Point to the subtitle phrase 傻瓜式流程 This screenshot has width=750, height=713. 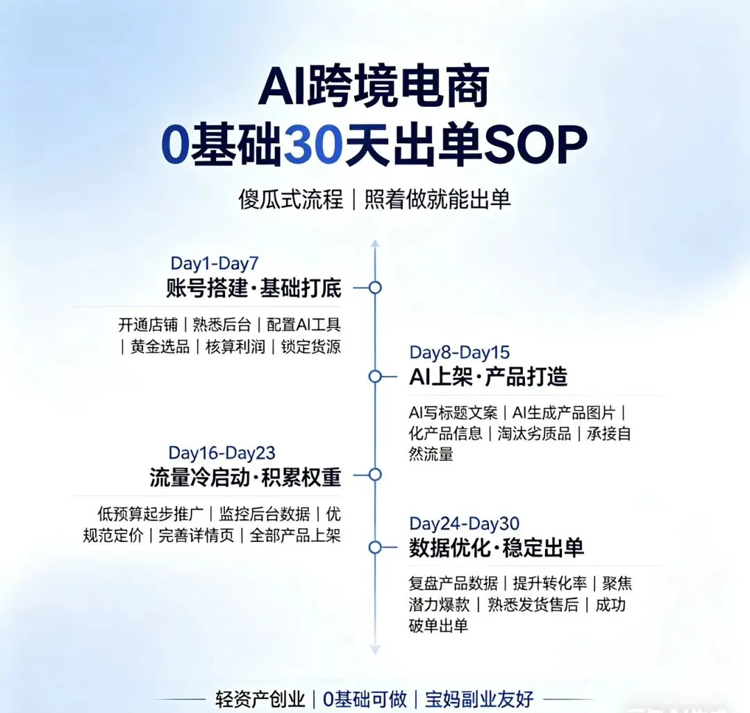(x=290, y=199)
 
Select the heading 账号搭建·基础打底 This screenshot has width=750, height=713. (x=253, y=288)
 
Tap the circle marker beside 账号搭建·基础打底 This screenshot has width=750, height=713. (x=375, y=287)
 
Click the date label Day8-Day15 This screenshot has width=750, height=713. (x=459, y=352)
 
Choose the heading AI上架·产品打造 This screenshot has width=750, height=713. (x=488, y=377)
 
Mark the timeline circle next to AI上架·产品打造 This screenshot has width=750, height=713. (x=375, y=377)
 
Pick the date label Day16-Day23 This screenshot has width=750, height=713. (x=222, y=453)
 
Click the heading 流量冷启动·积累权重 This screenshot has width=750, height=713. (x=245, y=477)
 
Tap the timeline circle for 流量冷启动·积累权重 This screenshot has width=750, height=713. (x=375, y=475)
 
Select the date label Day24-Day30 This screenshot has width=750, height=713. (x=464, y=523)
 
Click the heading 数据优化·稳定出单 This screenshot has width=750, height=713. (x=496, y=548)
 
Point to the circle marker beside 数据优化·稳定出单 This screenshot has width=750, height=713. (x=375, y=548)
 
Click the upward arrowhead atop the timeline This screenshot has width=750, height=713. (x=375, y=244)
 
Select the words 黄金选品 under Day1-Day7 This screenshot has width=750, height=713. (x=160, y=347)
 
